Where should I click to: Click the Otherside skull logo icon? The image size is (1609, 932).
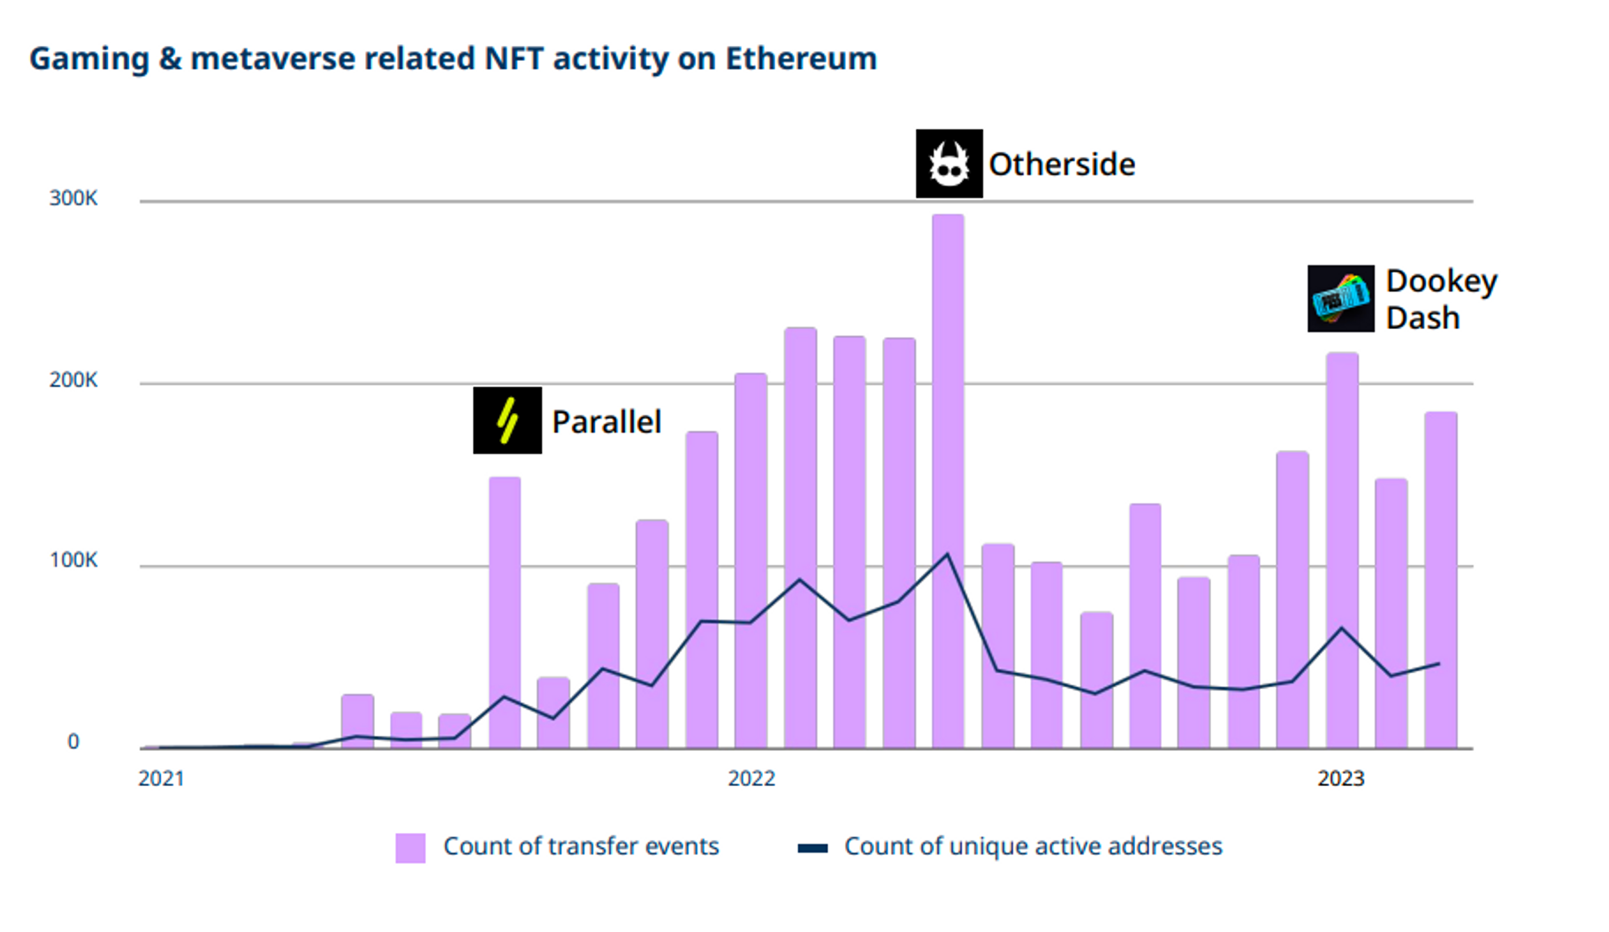[x=949, y=164]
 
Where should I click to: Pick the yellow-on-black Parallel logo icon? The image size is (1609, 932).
[x=507, y=420]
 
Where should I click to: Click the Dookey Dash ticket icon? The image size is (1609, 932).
[x=1340, y=299]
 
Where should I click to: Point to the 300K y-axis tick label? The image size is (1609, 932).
[x=73, y=198]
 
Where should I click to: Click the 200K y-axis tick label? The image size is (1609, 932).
[x=73, y=380]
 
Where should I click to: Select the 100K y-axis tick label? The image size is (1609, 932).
[x=73, y=561]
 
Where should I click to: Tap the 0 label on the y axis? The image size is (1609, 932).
[x=73, y=742]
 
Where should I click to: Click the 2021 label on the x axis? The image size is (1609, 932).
[x=161, y=778]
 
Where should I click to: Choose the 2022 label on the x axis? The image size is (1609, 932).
[x=751, y=778]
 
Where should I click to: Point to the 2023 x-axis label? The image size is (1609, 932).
[x=1340, y=778]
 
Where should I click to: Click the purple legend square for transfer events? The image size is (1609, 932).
[x=410, y=847]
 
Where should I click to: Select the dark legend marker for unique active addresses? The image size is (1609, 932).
[x=812, y=848]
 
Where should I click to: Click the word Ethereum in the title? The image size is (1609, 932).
[x=801, y=58]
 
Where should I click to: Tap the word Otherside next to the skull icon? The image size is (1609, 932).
[x=1061, y=164]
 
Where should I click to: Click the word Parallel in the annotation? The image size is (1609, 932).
[x=606, y=422]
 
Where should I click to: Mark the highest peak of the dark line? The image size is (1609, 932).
[x=948, y=554]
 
